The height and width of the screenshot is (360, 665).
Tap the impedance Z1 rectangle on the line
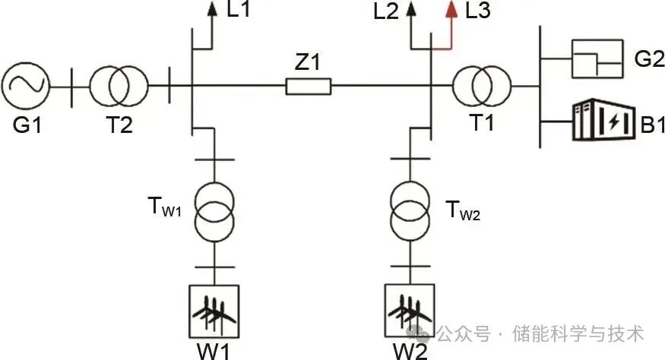pos(308,87)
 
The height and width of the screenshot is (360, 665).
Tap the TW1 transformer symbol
pos(214,210)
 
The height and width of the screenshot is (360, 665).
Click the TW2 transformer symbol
pos(410,210)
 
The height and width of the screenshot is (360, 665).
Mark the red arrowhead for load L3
pos(451,11)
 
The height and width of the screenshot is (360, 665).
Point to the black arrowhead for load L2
pos(412,11)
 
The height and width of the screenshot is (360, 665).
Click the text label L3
pos(478,11)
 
